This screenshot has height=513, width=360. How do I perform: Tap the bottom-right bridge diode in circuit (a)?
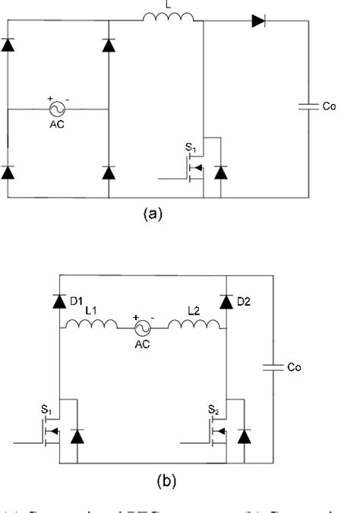coord(109,173)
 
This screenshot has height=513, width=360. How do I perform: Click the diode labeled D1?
coord(59,300)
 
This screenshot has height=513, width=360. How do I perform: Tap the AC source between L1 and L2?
coord(142,327)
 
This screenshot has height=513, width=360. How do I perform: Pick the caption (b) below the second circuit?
coord(142,480)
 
